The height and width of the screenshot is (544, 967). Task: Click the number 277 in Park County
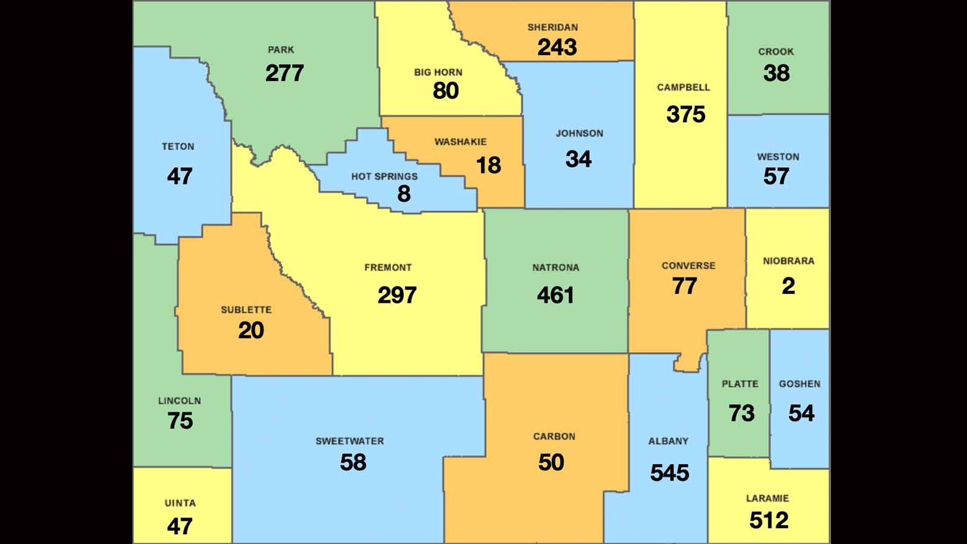pyautogui.click(x=284, y=73)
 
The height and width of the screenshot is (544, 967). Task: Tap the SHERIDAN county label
pyautogui.click(x=552, y=27)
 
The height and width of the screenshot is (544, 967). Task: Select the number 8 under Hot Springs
pyautogui.click(x=404, y=193)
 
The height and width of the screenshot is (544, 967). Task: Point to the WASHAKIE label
pyautogui.click(x=460, y=142)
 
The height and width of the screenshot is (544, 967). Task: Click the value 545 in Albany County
pyautogui.click(x=669, y=473)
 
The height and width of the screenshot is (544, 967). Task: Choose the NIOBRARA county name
pyautogui.click(x=788, y=261)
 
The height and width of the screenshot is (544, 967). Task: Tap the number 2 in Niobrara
pyautogui.click(x=788, y=286)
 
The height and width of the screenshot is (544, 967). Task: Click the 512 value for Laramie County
pyautogui.click(x=769, y=520)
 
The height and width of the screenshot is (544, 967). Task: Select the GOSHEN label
pyautogui.click(x=800, y=384)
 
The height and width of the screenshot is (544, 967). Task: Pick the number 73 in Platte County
pyautogui.click(x=741, y=413)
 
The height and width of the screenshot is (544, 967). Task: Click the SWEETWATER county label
pyautogui.click(x=349, y=441)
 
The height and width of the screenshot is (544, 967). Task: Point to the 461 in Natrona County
pyautogui.click(x=555, y=295)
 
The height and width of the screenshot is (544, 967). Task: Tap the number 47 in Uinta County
pyautogui.click(x=179, y=526)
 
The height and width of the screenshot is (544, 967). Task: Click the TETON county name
pyautogui.click(x=178, y=147)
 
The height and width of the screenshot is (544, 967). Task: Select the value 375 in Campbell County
pyautogui.click(x=685, y=114)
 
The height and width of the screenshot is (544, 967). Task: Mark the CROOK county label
pyautogui.click(x=776, y=52)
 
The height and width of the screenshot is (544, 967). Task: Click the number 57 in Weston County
pyautogui.click(x=776, y=176)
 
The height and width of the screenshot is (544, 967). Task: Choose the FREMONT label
pyautogui.click(x=387, y=267)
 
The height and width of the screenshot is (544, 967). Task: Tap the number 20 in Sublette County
pyautogui.click(x=251, y=330)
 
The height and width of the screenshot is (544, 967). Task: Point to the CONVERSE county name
pyautogui.click(x=688, y=266)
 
